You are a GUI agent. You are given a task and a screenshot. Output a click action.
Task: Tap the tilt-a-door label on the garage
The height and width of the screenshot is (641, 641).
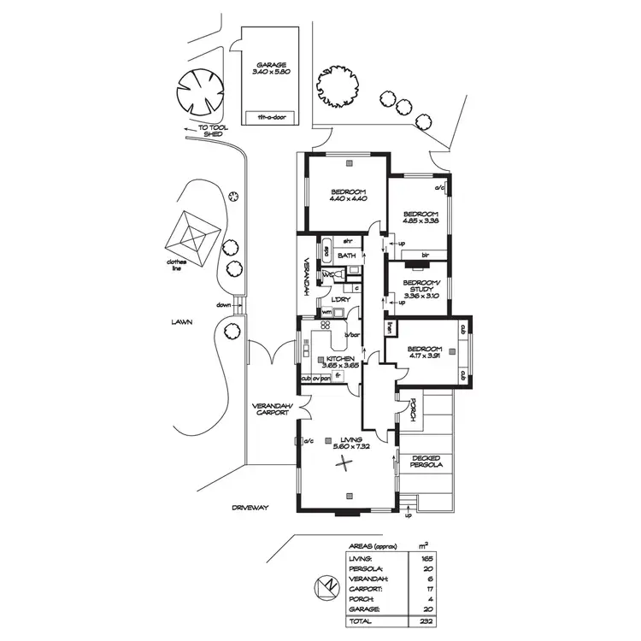pos(271,116)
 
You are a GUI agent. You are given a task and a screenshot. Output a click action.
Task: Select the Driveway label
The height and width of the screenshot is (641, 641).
pos(250,508)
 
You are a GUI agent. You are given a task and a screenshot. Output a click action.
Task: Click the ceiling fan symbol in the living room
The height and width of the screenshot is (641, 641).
pos(344,465)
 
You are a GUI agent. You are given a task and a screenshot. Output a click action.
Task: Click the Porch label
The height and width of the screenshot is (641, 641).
pos(412,412)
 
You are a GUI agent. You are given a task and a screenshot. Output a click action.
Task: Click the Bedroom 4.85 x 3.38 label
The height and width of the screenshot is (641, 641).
pos(420,217)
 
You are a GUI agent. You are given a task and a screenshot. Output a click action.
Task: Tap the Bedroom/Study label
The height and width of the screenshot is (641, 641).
pos(420,288)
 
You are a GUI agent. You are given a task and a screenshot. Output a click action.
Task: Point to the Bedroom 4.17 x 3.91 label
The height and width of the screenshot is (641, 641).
pos(425,353)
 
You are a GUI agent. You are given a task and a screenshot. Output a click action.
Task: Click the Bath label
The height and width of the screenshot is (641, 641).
pos(347,256)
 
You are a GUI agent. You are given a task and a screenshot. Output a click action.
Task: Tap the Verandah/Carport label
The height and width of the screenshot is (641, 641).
pos(273,409)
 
